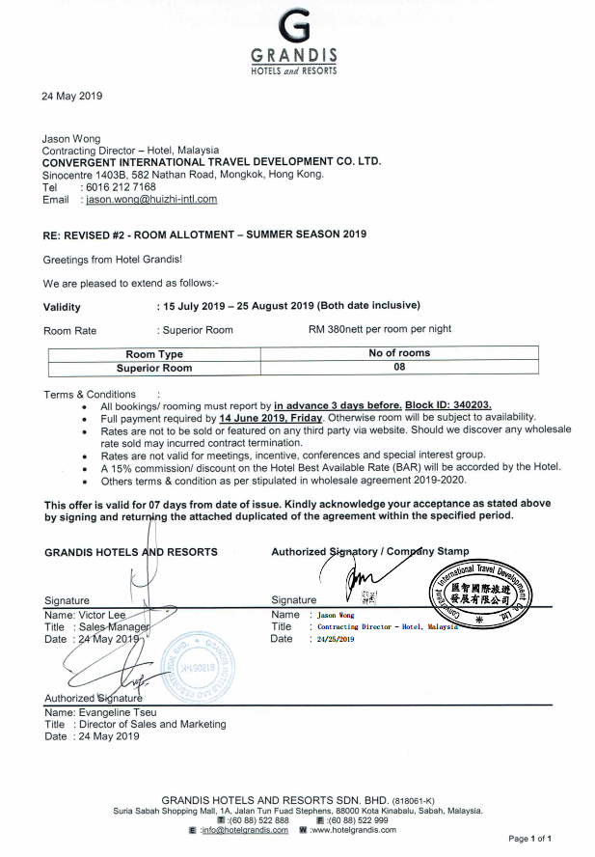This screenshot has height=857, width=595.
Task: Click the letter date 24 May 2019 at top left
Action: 71,96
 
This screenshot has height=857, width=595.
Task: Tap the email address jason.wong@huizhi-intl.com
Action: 151,199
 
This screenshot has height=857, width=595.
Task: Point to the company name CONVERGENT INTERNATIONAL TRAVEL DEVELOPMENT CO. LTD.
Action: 211,162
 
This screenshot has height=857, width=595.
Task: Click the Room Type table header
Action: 154,354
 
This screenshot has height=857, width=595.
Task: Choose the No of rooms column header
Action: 399,353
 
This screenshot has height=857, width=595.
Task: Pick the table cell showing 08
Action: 399,367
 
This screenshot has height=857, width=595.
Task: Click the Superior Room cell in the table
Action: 154,368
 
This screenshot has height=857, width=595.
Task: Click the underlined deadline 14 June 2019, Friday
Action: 271,418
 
